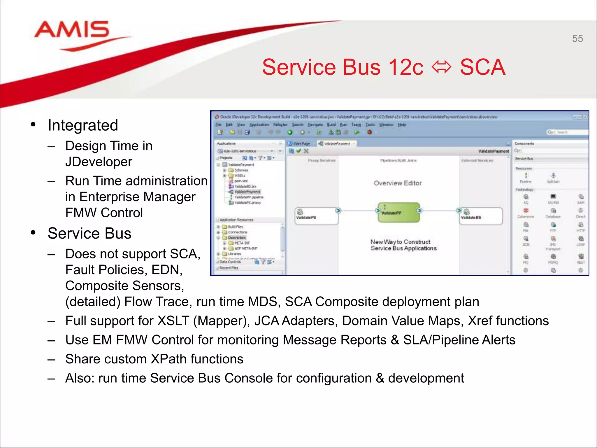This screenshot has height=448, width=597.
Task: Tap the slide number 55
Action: [577, 38]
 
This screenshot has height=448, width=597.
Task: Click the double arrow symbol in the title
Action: [441, 67]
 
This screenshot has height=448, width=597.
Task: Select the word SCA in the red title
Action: [482, 67]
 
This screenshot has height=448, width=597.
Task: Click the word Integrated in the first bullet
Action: [83, 125]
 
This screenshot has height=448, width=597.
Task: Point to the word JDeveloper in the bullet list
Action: [99, 162]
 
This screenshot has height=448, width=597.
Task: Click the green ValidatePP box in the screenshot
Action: [398, 213]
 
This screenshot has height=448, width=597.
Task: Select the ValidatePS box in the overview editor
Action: [316, 216]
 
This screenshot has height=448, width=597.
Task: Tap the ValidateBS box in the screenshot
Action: [481, 216]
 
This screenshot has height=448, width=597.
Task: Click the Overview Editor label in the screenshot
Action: [398, 183]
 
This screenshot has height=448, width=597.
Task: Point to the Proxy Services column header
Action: [322, 160]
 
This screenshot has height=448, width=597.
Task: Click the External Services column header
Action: [477, 160]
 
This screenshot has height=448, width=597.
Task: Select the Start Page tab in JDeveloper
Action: [301, 143]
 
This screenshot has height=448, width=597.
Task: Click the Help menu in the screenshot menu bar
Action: [402, 125]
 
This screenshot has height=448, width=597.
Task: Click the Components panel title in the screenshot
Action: [524, 143]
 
